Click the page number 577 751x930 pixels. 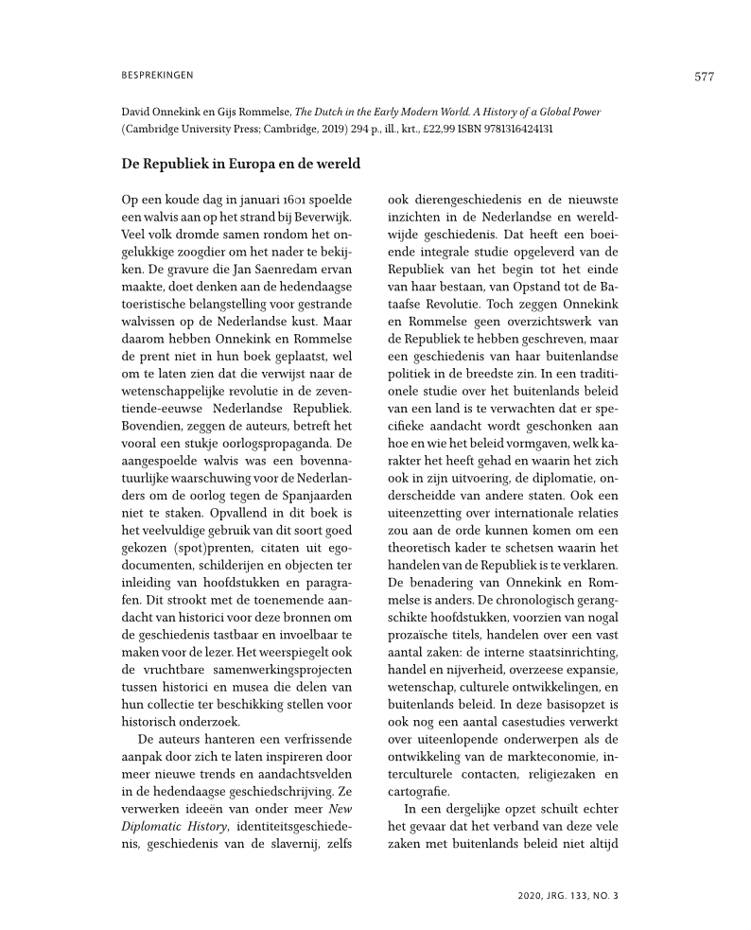pos(704,77)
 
